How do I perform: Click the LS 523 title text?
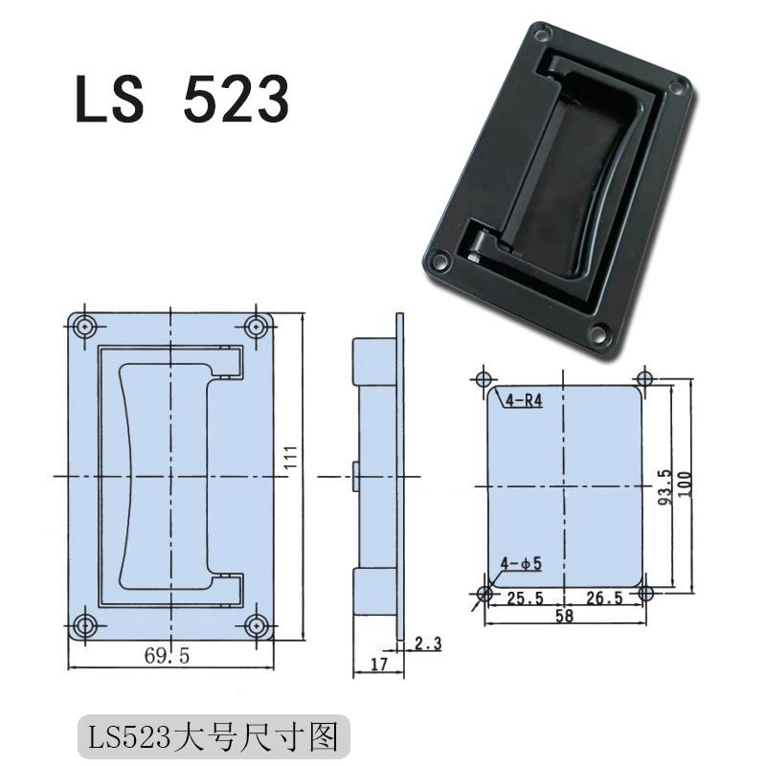(181, 99)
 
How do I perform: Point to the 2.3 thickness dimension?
(427, 644)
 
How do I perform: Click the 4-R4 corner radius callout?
(523, 401)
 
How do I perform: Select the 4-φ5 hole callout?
(522, 564)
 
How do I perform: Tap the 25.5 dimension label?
(525, 598)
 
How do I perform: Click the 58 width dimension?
(565, 618)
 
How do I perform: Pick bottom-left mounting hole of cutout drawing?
(484, 595)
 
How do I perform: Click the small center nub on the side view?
(355, 476)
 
